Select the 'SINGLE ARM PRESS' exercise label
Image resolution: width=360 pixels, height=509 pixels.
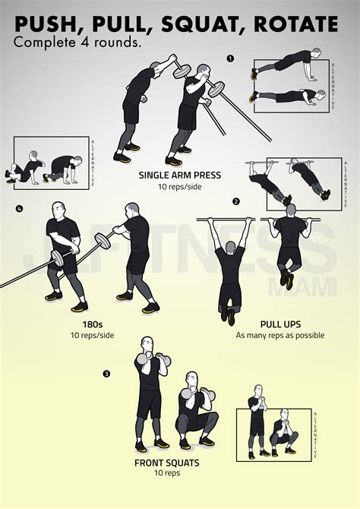[180, 175]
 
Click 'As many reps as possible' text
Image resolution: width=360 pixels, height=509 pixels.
[279, 335]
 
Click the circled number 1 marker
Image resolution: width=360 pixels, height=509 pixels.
[231, 58]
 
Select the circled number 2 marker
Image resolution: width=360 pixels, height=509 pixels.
[236, 201]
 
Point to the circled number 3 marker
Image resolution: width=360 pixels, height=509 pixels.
[107, 373]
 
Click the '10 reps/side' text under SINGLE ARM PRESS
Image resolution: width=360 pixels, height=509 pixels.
[180, 187]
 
